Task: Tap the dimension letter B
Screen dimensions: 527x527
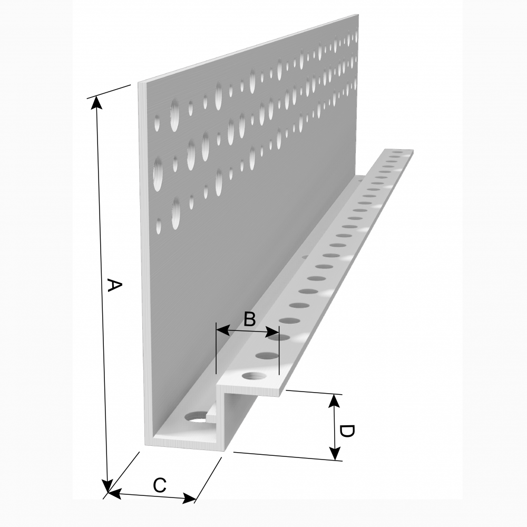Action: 249,319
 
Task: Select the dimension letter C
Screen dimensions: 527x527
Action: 160,485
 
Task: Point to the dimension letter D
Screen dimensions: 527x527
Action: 347,431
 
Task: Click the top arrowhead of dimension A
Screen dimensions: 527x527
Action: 97,102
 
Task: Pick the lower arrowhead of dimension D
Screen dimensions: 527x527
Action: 335,453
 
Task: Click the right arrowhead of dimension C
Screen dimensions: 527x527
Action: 189,498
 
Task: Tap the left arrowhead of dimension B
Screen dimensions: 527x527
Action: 222,330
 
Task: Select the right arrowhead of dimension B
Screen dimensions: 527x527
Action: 272,334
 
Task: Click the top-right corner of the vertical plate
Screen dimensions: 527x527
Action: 358,14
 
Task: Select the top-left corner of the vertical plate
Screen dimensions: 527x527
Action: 138,83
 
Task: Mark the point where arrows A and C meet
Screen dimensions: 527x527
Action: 108,492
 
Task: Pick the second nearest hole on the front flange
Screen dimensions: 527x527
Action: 267,355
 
